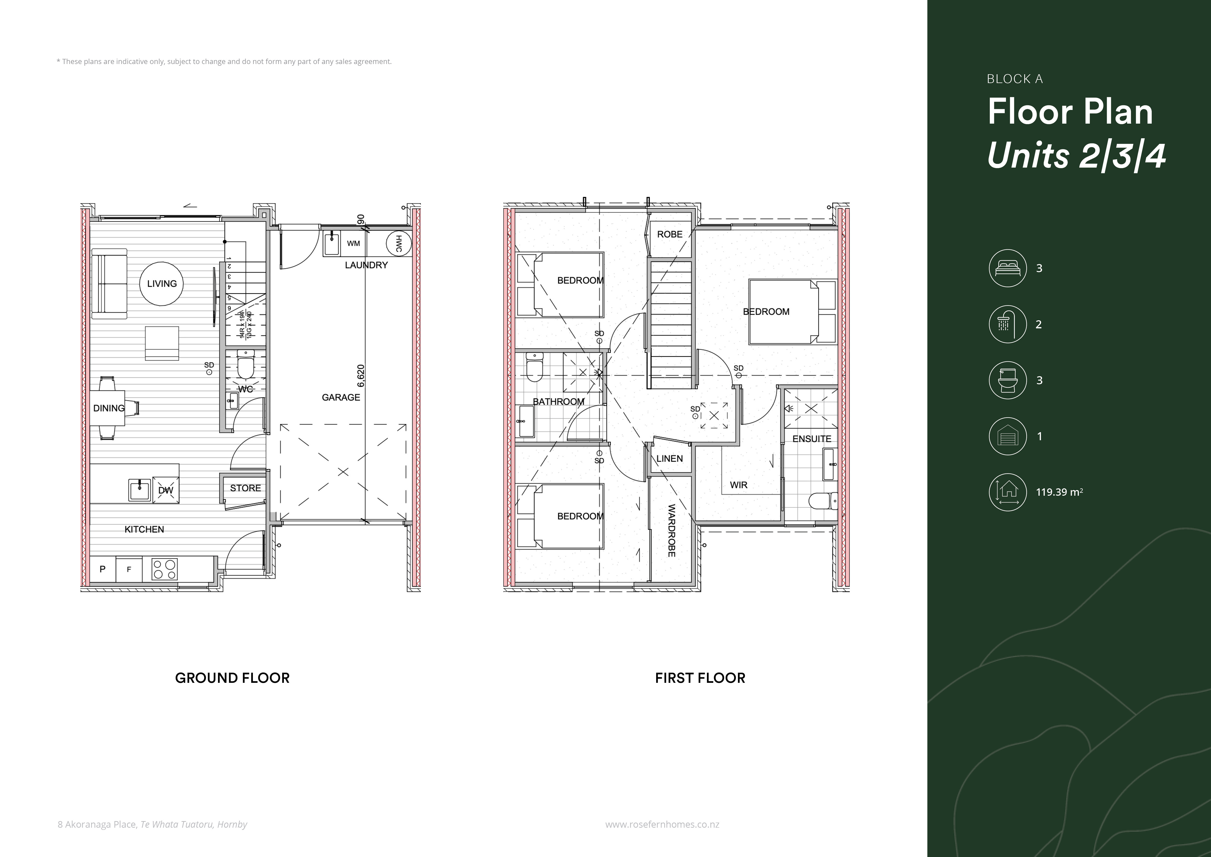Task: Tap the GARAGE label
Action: tap(341, 397)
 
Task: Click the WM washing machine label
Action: tap(353, 243)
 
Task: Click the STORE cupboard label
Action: tap(245, 488)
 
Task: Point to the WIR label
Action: tap(738, 485)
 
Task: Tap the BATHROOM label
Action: tap(559, 402)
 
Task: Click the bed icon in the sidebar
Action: tap(1007, 268)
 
